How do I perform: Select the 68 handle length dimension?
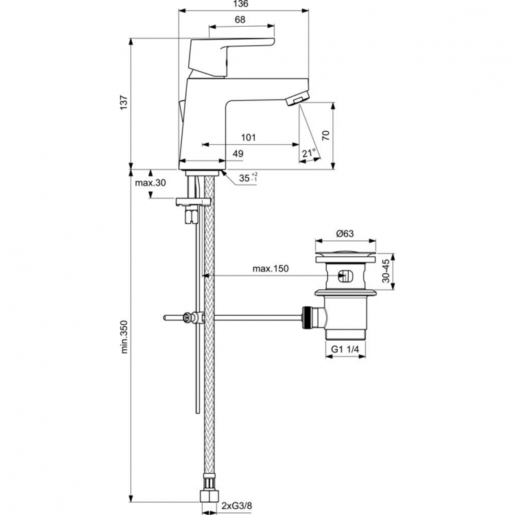240,20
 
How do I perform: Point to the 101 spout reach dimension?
249,137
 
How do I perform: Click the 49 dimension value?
238,154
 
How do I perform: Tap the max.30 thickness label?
151,183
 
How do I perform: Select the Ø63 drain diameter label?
346,233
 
